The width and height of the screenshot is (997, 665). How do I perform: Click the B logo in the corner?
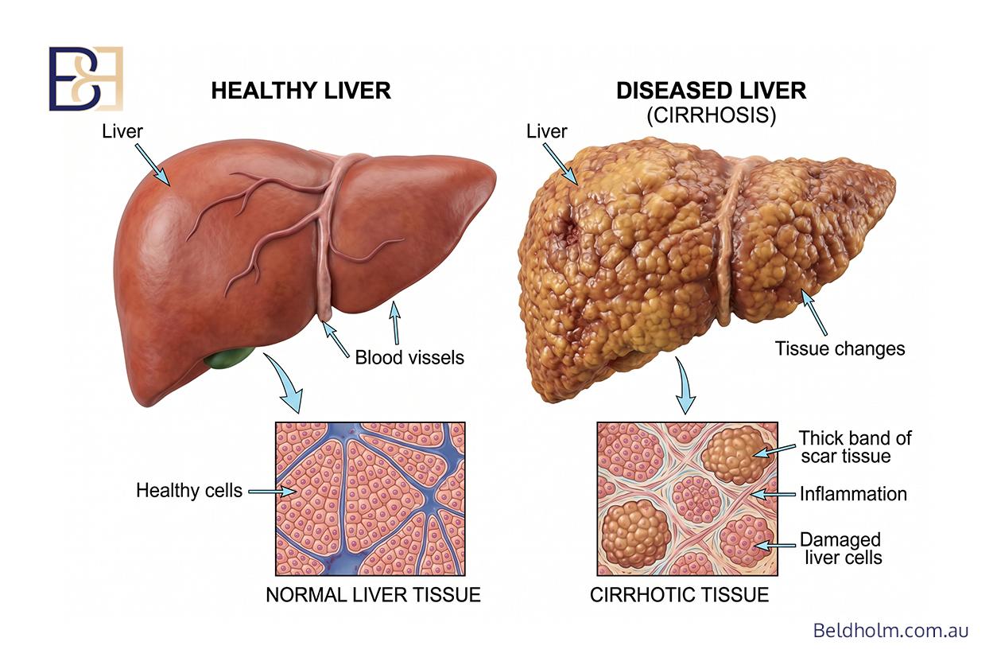pyautogui.click(x=86, y=79)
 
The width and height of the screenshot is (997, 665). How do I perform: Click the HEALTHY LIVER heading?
pyautogui.click(x=301, y=91)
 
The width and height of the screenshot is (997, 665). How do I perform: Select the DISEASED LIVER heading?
pyautogui.click(x=711, y=91)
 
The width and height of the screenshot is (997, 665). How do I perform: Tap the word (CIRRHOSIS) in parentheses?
pyautogui.click(x=712, y=115)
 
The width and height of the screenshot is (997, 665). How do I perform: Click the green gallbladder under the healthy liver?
pyautogui.click(x=229, y=358)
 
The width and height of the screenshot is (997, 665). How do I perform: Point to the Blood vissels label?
pyautogui.click(x=409, y=358)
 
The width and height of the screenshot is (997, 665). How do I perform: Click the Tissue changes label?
pyautogui.click(x=840, y=348)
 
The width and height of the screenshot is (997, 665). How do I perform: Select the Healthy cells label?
pyautogui.click(x=189, y=491)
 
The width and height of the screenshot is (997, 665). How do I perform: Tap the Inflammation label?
pyautogui.click(x=853, y=494)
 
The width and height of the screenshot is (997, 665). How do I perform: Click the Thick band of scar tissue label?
pyautogui.click(x=855, y=447)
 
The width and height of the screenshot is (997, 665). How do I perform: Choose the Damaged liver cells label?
pyautogui.click(x=841, y=548)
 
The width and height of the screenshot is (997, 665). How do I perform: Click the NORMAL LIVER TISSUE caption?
pyautogui.click(x=373, y=595)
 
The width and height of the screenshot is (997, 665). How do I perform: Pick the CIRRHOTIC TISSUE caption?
pyautogui.click(x=679, y=595)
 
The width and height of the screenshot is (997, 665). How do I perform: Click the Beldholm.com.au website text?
pyautogui.click(x=890, y=631)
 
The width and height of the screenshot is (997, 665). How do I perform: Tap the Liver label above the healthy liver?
pyautogui.click(x=122, y=132)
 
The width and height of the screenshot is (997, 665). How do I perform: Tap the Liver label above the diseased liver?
pyautogui.click(x=546, y=132)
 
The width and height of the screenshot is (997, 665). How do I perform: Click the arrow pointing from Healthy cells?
pyautogui.click(x=272, y=492)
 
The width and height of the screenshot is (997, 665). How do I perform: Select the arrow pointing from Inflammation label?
pyautogui.click(x=773, y=494)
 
